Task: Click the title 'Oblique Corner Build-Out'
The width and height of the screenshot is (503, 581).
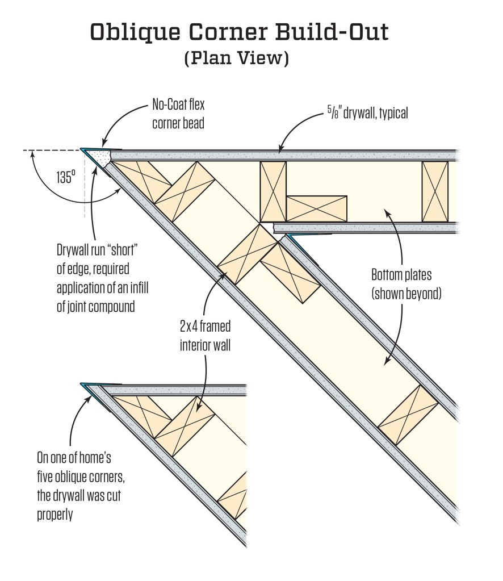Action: [x=239, y=33]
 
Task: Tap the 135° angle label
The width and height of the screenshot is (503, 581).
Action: [x=65, y=177]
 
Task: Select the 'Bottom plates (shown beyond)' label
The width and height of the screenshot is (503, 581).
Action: [x=406, y=285]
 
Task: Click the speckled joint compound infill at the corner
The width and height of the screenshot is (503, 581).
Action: [x=102, y=157]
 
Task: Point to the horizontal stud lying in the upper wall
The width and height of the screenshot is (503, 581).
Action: [x=316, y=208]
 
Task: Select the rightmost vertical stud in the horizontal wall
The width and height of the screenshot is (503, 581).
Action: [x=435, y=191]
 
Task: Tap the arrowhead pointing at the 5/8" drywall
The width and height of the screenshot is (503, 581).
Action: [x=279, y=150]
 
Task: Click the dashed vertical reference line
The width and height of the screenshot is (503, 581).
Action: [x=85, y=187]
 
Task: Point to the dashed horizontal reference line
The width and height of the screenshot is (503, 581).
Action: [x=51, y=151]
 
